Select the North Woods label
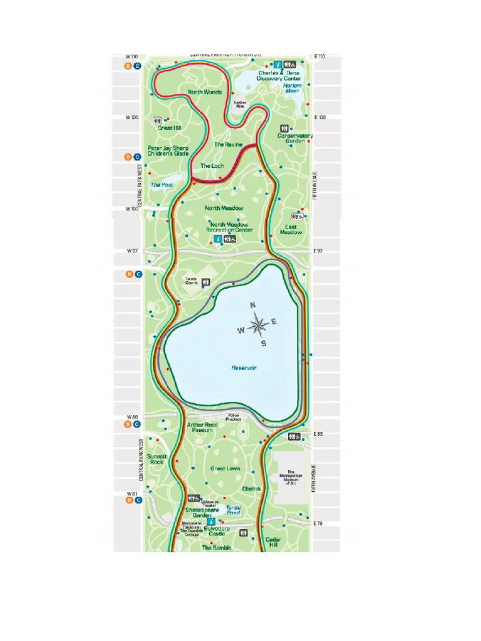pos(205,92)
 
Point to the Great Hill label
pos(169,127)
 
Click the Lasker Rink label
pos(240,105)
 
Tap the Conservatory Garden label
pos(295,138)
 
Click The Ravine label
pos(228,145)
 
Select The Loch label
pos(212,166)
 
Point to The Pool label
pos(161,185)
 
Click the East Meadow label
pos(291,229)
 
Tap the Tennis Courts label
pos(192,281)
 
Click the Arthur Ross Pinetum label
pos(204,428)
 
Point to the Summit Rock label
pos(157,459)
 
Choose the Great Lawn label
pos(225,468)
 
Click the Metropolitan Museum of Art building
pos(291,478)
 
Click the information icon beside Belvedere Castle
pos(211,521)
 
